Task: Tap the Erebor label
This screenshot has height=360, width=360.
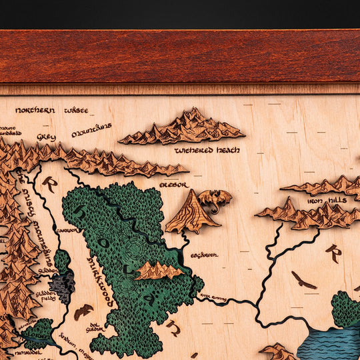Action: point(174,185)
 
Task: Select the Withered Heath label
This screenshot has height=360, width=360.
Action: point(203,151)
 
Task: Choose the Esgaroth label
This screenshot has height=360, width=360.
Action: point(204,255)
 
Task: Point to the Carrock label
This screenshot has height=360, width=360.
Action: point(66,231)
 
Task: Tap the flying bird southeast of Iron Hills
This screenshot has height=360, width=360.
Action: point(303,280)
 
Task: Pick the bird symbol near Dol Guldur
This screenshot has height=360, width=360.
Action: point(83,311)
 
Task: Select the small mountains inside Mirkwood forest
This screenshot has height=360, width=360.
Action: point(158,270)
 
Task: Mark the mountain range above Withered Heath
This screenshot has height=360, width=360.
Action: point(183,129)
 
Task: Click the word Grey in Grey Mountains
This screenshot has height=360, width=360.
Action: point(47,137)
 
